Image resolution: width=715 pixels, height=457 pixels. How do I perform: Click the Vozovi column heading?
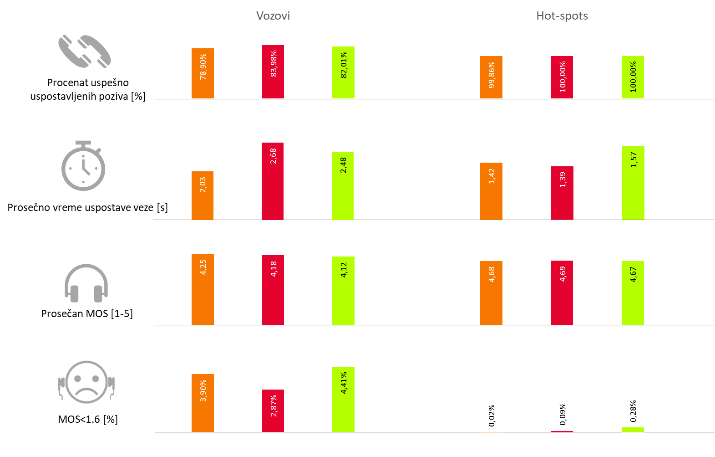pos(273,16)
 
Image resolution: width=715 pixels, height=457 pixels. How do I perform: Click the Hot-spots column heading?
pos(562,16)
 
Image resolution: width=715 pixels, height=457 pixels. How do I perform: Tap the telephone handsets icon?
pos(85,51)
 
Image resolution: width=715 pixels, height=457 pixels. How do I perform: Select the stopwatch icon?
pos(83,166)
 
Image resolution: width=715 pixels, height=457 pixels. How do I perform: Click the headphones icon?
pos(86,283)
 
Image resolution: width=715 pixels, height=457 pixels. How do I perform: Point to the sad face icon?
pos(87,383)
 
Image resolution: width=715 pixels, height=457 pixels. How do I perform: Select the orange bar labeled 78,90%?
pos(203,73)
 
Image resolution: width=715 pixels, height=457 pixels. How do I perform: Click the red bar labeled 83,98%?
pos(273,72)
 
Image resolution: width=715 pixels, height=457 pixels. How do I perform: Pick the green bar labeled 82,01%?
pos(343,72)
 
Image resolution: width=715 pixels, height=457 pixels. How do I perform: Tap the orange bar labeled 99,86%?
pos(491,77)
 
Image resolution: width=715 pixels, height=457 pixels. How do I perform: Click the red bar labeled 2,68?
pos(273,181)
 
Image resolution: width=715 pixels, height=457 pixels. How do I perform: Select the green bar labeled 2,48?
pos(343,185)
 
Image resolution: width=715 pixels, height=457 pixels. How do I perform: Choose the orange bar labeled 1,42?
pos(491,191)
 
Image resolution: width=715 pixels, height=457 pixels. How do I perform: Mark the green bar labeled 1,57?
pos(633,183)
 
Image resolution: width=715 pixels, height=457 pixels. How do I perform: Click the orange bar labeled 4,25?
pos(203,289)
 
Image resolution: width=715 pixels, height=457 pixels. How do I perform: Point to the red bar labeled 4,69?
pos(562,293)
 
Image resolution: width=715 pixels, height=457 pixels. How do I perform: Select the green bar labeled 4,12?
pos(343,291)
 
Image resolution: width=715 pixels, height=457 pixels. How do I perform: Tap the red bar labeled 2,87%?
pos(273,411)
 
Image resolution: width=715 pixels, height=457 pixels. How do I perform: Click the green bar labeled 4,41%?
pos(343,399)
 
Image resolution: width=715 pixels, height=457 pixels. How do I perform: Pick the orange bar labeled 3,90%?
pos(203,403)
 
